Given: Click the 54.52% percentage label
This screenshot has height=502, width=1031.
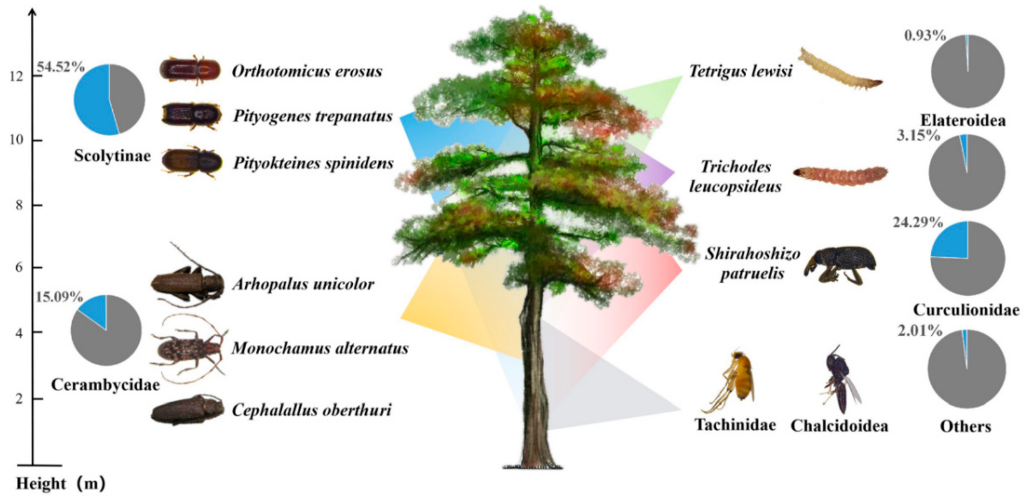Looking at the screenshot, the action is point(61,67).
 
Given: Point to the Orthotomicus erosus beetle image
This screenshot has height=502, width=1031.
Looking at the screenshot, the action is point(190,70).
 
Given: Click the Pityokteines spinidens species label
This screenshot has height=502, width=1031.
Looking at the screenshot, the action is point(313,163).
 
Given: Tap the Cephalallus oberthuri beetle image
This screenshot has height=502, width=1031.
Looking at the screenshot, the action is point(188,410).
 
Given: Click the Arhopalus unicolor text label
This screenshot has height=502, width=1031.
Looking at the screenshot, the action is point(303,284).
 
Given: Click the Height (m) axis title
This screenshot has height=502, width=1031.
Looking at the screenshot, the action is point(60,484).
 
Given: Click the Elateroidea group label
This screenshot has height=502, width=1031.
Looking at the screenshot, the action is point(963,120).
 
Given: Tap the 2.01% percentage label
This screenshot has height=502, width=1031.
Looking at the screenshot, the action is point(919,330).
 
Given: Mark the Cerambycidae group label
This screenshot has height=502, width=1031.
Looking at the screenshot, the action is point(105,385).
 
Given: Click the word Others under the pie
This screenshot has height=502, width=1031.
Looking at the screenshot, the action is point(965,427).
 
